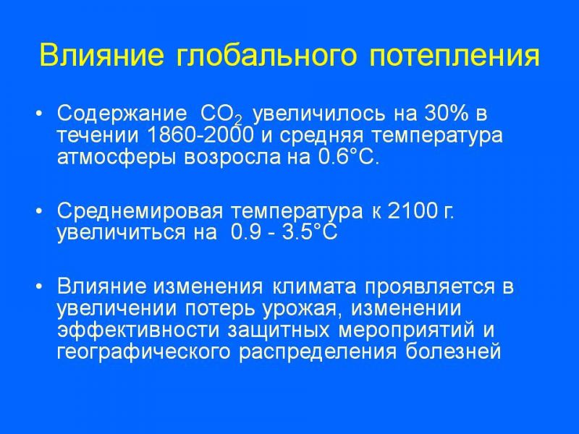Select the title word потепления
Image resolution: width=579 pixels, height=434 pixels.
coord(455,56)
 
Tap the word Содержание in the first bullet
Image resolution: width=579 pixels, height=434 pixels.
coord(122,114)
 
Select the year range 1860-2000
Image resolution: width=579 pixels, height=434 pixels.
coord(200,135)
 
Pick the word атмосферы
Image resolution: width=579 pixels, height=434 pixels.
coord(118,158)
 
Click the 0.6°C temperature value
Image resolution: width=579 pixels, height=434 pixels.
coord(349,157)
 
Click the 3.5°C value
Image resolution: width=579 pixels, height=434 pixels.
coord(310,233)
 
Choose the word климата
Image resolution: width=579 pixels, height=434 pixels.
coord(315,287)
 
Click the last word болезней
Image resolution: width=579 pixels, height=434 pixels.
coord(453,352)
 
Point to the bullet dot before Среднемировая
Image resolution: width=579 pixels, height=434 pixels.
coord(40,211)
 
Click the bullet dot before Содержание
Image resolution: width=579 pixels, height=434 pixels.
coord(40,114)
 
